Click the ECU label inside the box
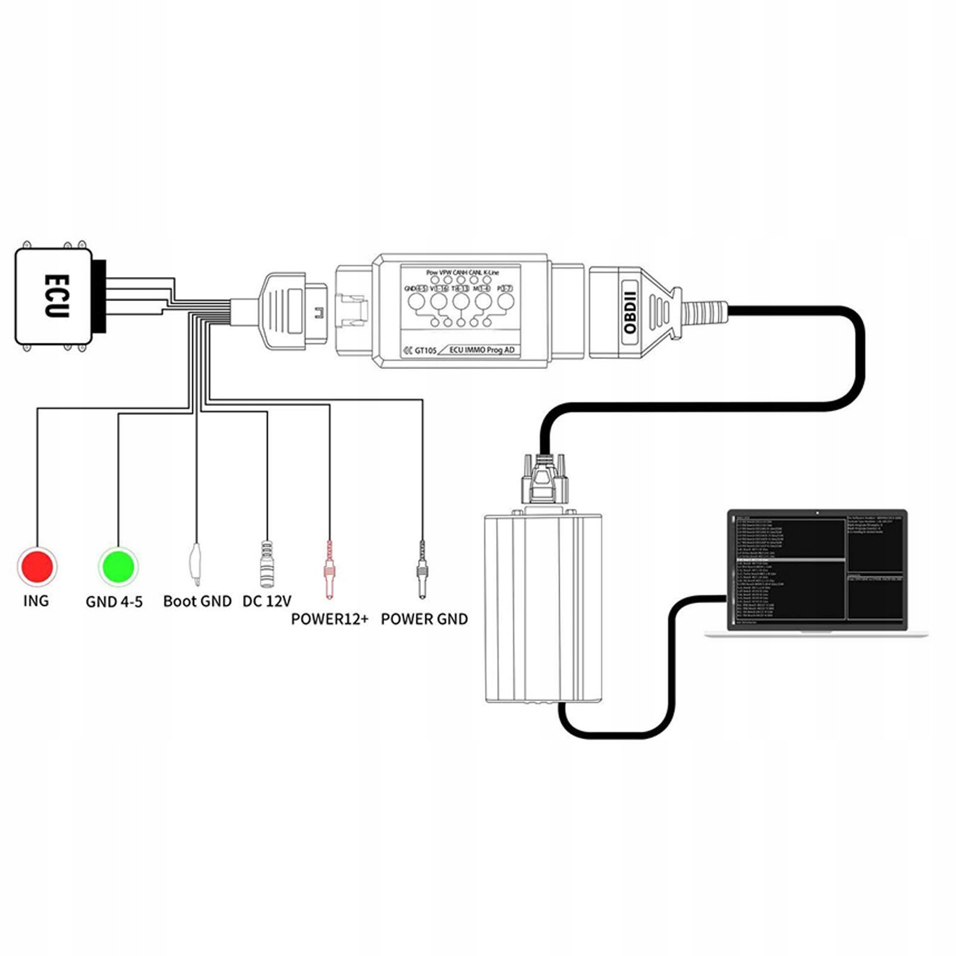57,296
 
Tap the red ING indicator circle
37,565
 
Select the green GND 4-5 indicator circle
118,565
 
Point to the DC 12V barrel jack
266,564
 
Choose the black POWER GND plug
422,570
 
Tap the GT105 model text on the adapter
425,351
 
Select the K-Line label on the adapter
491,272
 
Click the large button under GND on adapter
417,302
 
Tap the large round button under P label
505,302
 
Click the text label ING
36,601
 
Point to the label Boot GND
197,601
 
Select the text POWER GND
424,619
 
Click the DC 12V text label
266,601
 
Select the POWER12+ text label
330,619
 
